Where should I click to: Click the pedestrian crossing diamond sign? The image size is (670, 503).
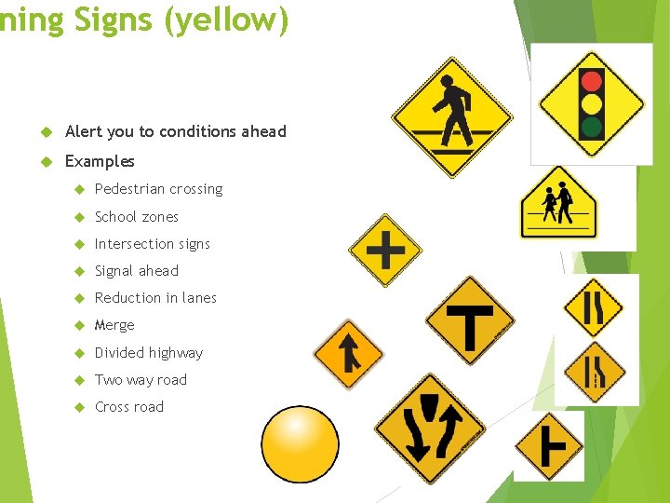click(x=452, y=116)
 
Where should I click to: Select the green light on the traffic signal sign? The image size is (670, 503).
click(x=591, y=125)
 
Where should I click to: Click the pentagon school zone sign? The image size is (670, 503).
click(x=558, y=205)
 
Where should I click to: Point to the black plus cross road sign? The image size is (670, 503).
click(x=385, y=250)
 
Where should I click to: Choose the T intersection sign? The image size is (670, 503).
click(x=470, y=320)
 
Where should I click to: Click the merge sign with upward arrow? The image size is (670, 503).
click(x=348, y=353)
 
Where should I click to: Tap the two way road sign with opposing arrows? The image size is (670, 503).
click(x=429, y=428)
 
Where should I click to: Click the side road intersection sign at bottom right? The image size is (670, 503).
click(x=549, y=446)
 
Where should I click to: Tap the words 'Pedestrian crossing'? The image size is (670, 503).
click(x=158, y=189)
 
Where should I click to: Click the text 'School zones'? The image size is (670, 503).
click(x=136, y=216)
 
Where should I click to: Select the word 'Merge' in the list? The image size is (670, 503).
click(x=114, y=325)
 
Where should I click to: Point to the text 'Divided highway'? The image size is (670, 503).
click(x=148, y=352)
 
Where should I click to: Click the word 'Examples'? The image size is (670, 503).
click(x=100, y=161)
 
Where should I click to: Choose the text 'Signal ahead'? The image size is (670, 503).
click(x=136, y=271)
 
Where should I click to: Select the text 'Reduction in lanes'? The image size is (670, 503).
click(x=155, y=298)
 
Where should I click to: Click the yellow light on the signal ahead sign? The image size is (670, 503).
click(x=591, y=102)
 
